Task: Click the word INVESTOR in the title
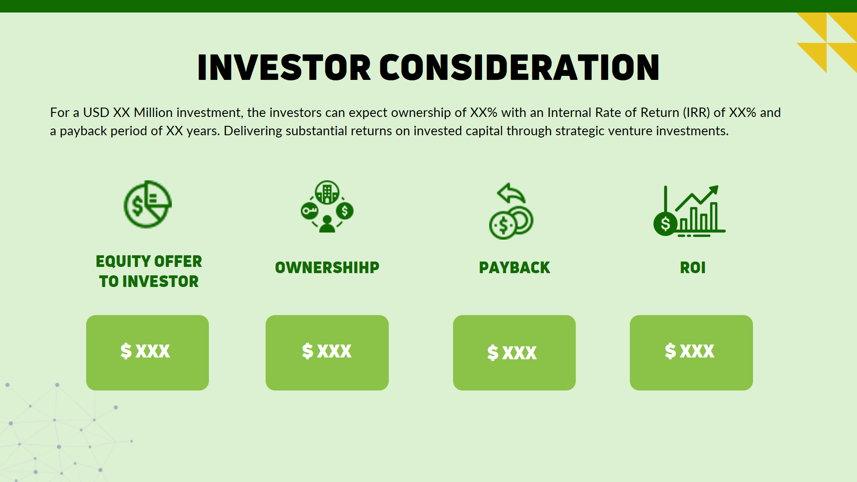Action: (x=284, y=68)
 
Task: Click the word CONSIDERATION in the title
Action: (x=519, y=68)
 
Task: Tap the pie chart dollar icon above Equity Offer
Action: (x=147, y=205)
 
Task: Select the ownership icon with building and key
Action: (x=327, y=207)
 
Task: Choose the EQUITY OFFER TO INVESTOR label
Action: (x=149, y=271)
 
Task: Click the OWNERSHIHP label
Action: (x=327, y=267)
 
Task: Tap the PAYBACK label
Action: (x=514, y=267)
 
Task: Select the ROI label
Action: (x=693, y=267)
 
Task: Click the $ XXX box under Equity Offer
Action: (x=147, y=353)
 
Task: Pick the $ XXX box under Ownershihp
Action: (x=327, y=353)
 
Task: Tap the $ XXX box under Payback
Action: (x=514, y=353)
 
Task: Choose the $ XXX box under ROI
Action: (x=691, y=353)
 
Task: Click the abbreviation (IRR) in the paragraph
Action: (x=696, y=112)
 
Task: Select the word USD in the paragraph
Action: (x=96, y=112)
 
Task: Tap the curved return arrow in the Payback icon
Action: (x=511, y=193)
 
